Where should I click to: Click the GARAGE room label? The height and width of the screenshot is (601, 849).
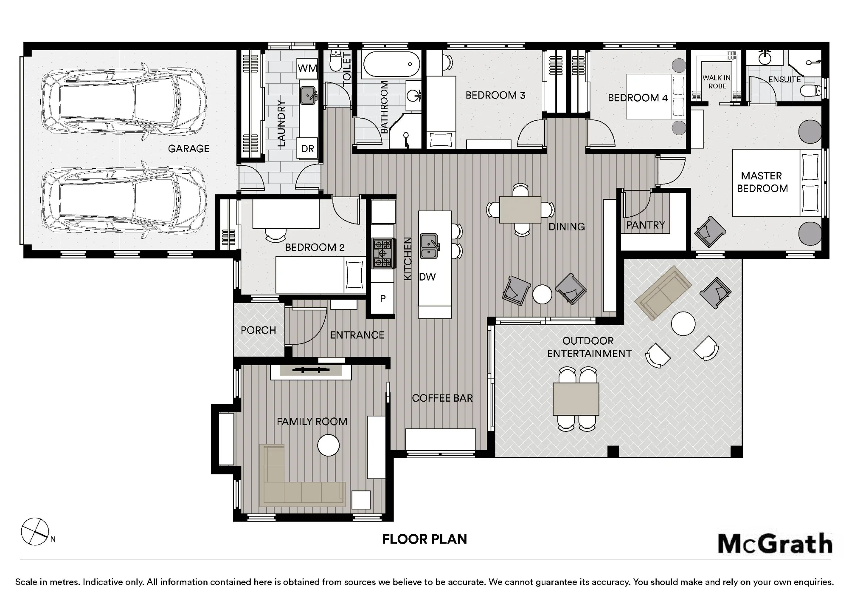tap(188, 149)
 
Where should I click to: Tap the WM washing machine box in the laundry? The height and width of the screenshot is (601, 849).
tap(308, 68)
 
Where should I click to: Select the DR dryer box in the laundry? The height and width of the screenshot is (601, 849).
tap(308, 148)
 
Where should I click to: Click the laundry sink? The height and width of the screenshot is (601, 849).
tap(308, 96)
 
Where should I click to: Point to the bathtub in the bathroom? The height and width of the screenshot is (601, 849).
tap(391, 65)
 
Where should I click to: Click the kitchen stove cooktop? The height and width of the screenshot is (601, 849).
tap(382, 253)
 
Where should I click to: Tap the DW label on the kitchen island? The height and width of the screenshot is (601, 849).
tap(427, 277)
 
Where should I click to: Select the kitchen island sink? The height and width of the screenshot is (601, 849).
tap(429, 246)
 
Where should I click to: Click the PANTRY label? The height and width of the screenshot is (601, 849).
tap(645, 225)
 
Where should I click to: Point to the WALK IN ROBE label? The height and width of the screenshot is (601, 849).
tap(717, 82)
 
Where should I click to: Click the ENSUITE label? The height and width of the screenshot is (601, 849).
tap(784, 79)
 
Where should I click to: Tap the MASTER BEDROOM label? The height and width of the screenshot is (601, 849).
tap(762, 182)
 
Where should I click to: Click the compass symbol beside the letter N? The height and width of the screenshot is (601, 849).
tap(35, 532)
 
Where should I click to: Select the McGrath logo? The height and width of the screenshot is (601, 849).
tap(775, 544)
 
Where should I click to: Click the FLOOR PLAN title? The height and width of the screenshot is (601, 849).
tap(424, 539)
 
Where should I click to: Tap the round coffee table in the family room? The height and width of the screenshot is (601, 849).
tap(329, 445)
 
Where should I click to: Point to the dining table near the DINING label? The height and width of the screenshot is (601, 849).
tap(520, 210)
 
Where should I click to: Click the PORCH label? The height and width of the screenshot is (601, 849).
tap(258, 330)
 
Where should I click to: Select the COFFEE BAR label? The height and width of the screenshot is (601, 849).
tap(442, 398)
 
